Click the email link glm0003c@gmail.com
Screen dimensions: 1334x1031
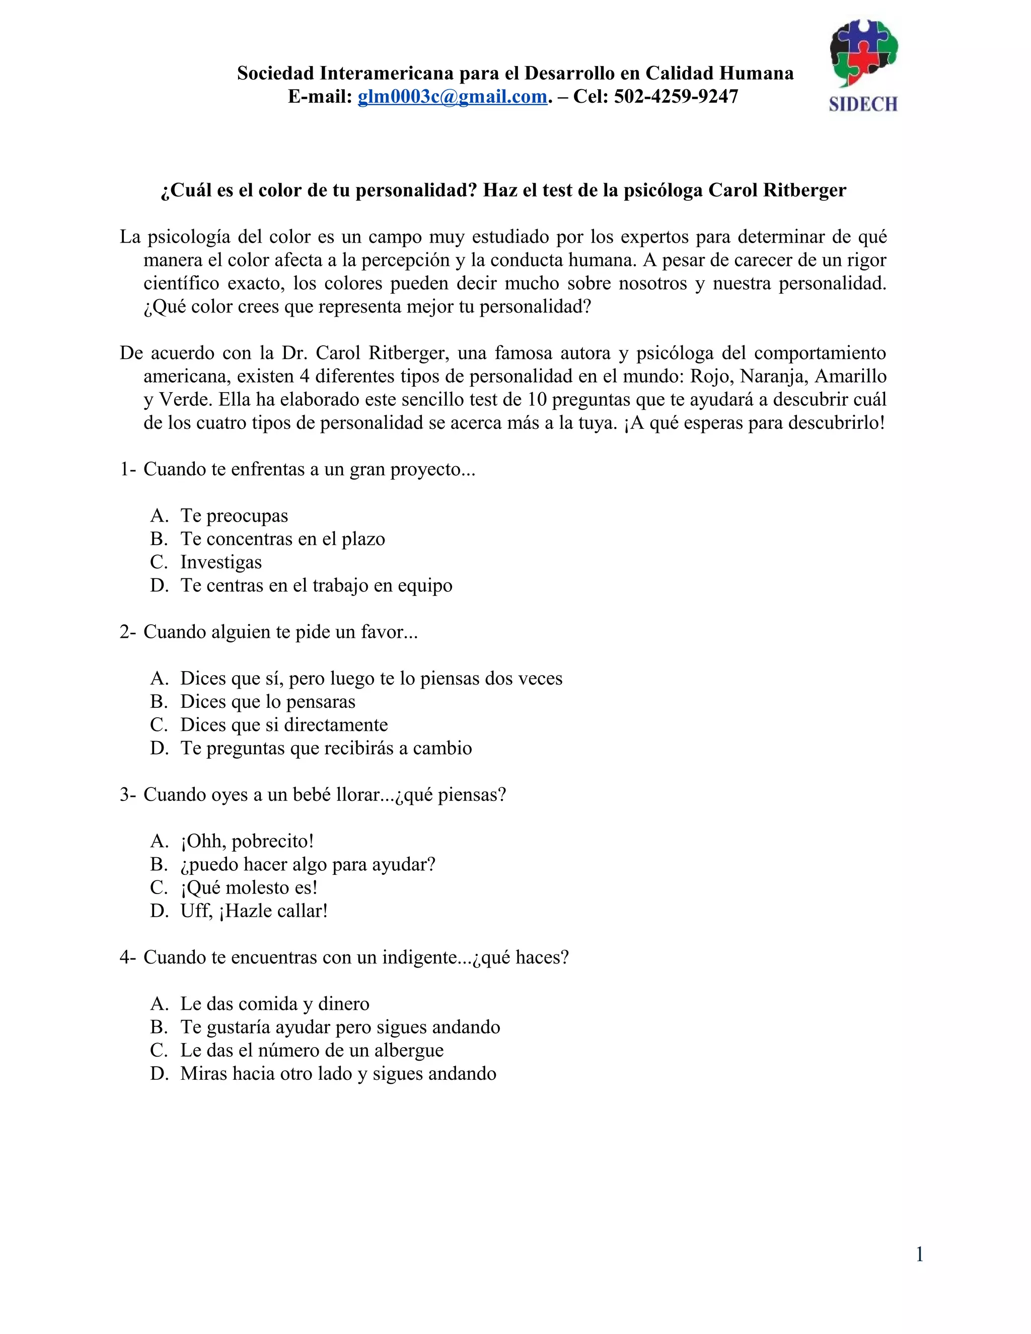(452, 97)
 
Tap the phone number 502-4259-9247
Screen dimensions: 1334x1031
(676, 97)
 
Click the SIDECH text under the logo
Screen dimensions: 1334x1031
(862, 104)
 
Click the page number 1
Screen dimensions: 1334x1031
(919, 1254)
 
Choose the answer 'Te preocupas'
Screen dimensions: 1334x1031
(234, 515)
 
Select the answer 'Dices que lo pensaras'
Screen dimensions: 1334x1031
(267, 702)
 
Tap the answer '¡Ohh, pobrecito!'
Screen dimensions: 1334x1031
(247, 841)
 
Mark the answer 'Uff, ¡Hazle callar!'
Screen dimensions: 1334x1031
(254, 911)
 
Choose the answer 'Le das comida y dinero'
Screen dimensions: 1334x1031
(274, 1004)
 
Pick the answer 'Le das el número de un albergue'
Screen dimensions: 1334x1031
(312, 1050)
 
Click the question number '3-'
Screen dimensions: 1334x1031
(128, 795)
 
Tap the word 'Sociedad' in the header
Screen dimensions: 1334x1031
(275, 73)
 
